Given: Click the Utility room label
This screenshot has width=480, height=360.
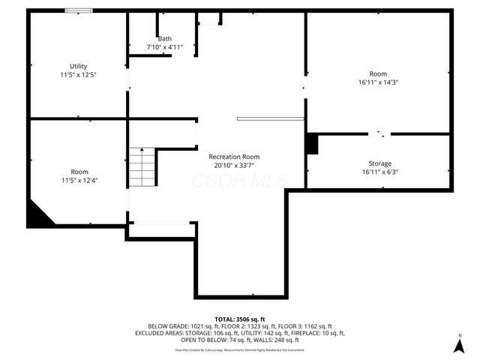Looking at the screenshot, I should pos(79,66).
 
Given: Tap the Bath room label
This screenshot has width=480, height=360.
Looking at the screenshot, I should pos(164,38).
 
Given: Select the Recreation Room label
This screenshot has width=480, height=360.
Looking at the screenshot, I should pos(234,157).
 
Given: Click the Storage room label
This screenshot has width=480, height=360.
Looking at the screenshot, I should pos(379,163).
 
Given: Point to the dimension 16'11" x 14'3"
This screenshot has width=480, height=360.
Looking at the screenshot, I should pos(378,82).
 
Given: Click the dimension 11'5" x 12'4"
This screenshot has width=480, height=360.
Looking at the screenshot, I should pos(79,180).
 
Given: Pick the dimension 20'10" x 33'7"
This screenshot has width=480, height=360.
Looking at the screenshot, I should pos(234,165).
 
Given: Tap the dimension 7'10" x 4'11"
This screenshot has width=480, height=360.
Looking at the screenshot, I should pos(164,46).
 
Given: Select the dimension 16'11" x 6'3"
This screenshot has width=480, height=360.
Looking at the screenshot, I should pos(379,172).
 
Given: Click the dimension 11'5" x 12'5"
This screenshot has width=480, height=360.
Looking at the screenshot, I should pos(79,75).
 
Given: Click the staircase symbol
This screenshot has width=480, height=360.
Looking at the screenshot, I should pos(142,167).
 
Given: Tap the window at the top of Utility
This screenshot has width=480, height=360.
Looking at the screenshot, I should pos(79,10).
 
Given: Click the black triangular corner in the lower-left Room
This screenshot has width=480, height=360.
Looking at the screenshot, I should pos(37,215).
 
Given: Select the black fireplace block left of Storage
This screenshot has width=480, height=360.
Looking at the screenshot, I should pos(312,144).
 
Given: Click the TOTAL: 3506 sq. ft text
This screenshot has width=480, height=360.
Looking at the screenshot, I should pos(239,319).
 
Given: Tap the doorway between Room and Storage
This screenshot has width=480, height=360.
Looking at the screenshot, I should pos(379,134).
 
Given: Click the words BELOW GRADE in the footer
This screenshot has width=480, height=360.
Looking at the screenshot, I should pos(167,326).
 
